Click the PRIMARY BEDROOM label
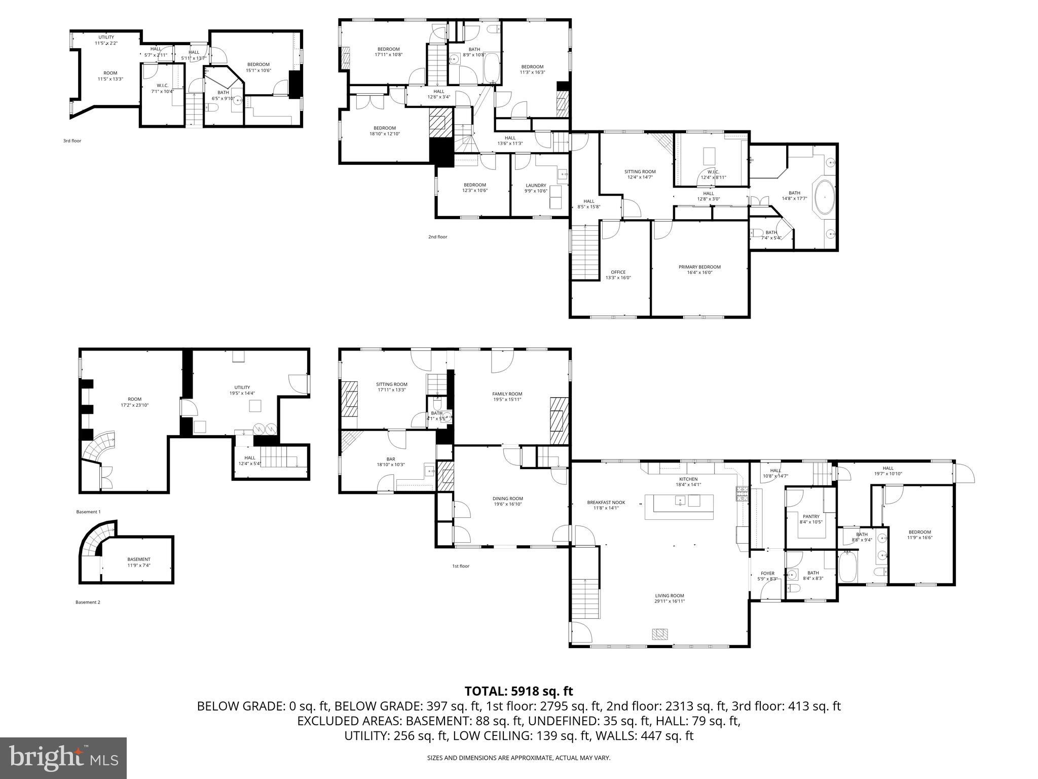699,267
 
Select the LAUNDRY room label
536,185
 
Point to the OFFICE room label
618,272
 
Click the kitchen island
679,507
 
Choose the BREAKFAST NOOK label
606,502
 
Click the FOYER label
767,574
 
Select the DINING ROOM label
508,499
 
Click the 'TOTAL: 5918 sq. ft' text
518,691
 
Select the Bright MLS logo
63,758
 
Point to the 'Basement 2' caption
88,602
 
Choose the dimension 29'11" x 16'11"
669,601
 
